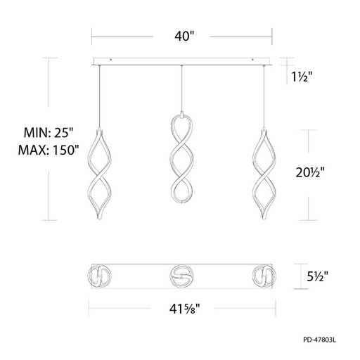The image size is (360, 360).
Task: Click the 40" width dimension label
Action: pos(184,37)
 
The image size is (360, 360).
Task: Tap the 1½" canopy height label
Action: pos(302,77)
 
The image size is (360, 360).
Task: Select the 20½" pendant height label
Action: pos(310,172)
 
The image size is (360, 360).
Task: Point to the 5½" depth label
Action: pos(318,276)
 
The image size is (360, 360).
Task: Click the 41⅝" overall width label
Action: pos(185,309)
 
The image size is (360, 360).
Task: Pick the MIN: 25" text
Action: pos(49,133)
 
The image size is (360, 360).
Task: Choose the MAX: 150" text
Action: pos(49,150)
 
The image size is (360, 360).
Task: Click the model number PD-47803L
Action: pos(320,340)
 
